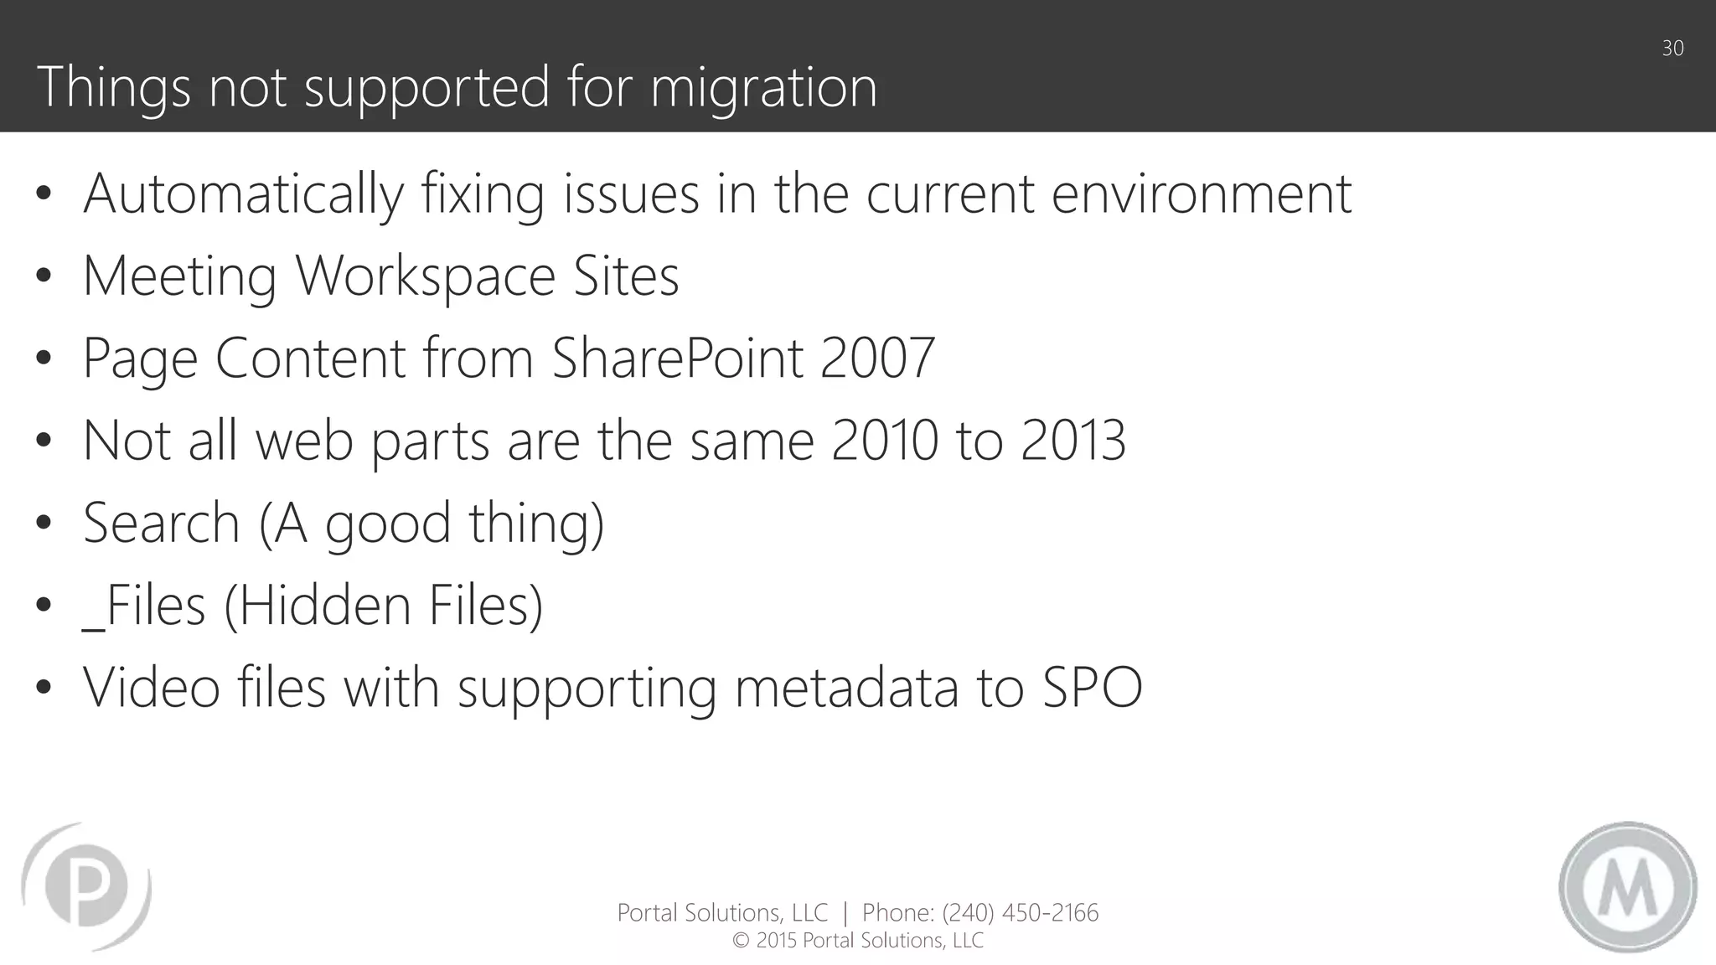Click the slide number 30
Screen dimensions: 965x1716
[1672, 49]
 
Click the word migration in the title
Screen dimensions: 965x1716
[763, 88]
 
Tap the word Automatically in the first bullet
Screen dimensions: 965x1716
[243, 194]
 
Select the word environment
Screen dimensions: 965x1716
[1201, 194]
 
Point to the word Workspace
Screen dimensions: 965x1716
[426, 276]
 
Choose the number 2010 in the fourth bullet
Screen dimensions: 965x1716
[884, 441]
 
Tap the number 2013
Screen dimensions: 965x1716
[1072, 441]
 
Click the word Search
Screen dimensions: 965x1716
[162, 523]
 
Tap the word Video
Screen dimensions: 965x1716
[151, 687]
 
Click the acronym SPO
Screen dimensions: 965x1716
[1092, 687]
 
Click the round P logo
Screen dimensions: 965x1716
[86, 886]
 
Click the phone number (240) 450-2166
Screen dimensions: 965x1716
[1020, 912]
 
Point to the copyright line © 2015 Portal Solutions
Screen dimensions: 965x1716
[858, 941]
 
